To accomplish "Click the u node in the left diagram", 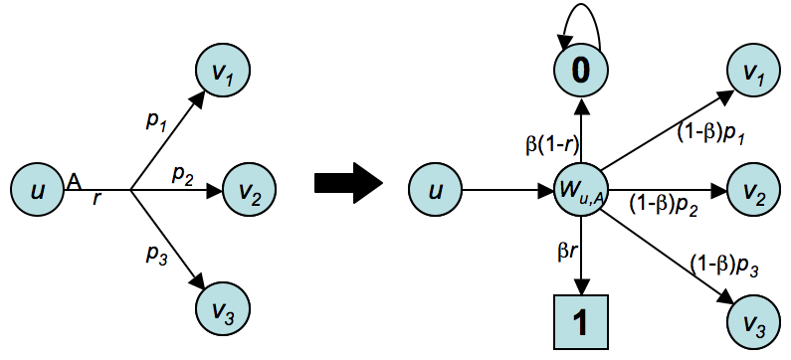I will click(x=37, y=186).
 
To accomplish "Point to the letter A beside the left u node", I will click(x=74, y=180).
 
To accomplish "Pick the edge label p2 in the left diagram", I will click(x=182, y=174).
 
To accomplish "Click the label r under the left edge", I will click(x=97, y=198).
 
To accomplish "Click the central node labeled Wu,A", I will click(x=580, y=187).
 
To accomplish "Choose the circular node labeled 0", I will click(x=580, y=73).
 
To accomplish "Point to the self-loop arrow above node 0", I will click(x=580, y=22).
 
